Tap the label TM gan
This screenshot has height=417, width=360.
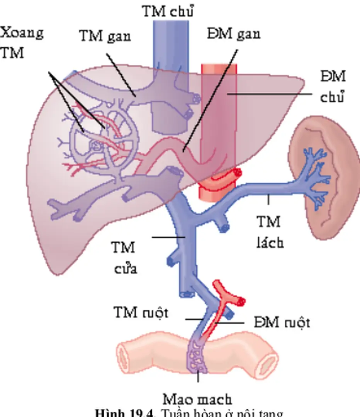click(x=105, y=36)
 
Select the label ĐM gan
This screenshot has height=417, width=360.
click(x=233, y=34)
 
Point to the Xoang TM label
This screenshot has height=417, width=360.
click(x=21, y=42)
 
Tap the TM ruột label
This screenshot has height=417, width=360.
click(x=141, y=312)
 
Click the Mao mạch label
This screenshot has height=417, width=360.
click(x=197, y=399)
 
